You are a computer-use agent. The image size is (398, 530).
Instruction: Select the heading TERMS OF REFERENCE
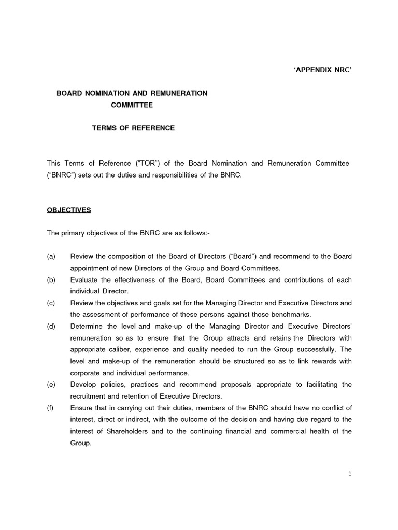133,128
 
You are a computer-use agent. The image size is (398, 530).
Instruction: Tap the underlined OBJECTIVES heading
69,210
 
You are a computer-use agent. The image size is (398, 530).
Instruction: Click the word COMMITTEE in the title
132,105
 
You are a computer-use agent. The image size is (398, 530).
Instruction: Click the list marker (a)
51,256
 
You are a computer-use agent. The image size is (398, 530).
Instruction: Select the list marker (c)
51,303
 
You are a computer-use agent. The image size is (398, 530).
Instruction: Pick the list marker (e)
51,384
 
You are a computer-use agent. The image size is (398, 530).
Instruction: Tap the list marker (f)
51,408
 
